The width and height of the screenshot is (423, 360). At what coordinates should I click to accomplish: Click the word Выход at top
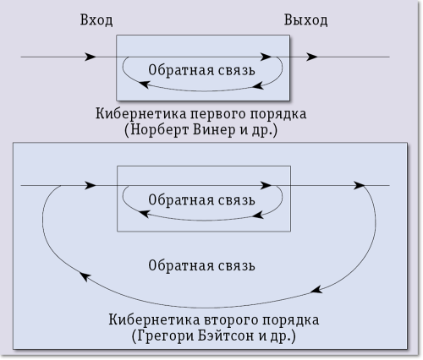pos(305,19)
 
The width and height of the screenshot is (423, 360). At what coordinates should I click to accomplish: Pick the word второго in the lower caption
pos(230,320)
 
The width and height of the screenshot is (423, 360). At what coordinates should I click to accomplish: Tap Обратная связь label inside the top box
pos(201,70)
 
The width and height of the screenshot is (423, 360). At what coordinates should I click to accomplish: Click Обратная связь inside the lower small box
pos(201,200)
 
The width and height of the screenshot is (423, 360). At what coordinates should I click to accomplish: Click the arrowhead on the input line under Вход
pos(91,57)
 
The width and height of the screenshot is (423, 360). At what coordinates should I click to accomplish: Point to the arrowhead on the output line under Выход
pos(312,57)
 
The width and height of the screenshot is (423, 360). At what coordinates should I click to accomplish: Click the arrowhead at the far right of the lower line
pos(363,185)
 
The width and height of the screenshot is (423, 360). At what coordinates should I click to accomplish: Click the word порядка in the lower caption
pos(292,320)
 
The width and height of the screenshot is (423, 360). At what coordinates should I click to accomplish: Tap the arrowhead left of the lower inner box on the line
pos(91,185)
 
